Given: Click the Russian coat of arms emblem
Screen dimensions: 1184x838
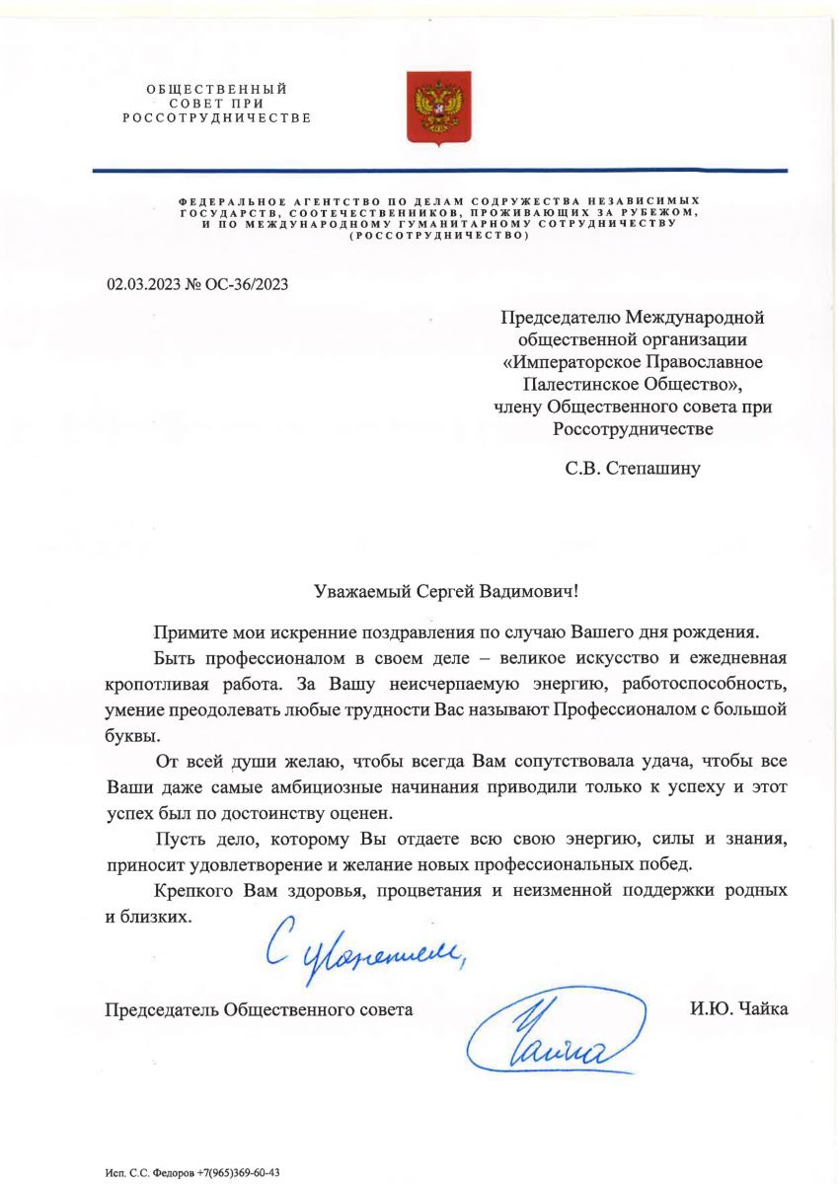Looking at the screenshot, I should point(440,109).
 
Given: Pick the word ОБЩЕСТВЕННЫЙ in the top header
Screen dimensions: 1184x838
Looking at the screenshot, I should point(217,90).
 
